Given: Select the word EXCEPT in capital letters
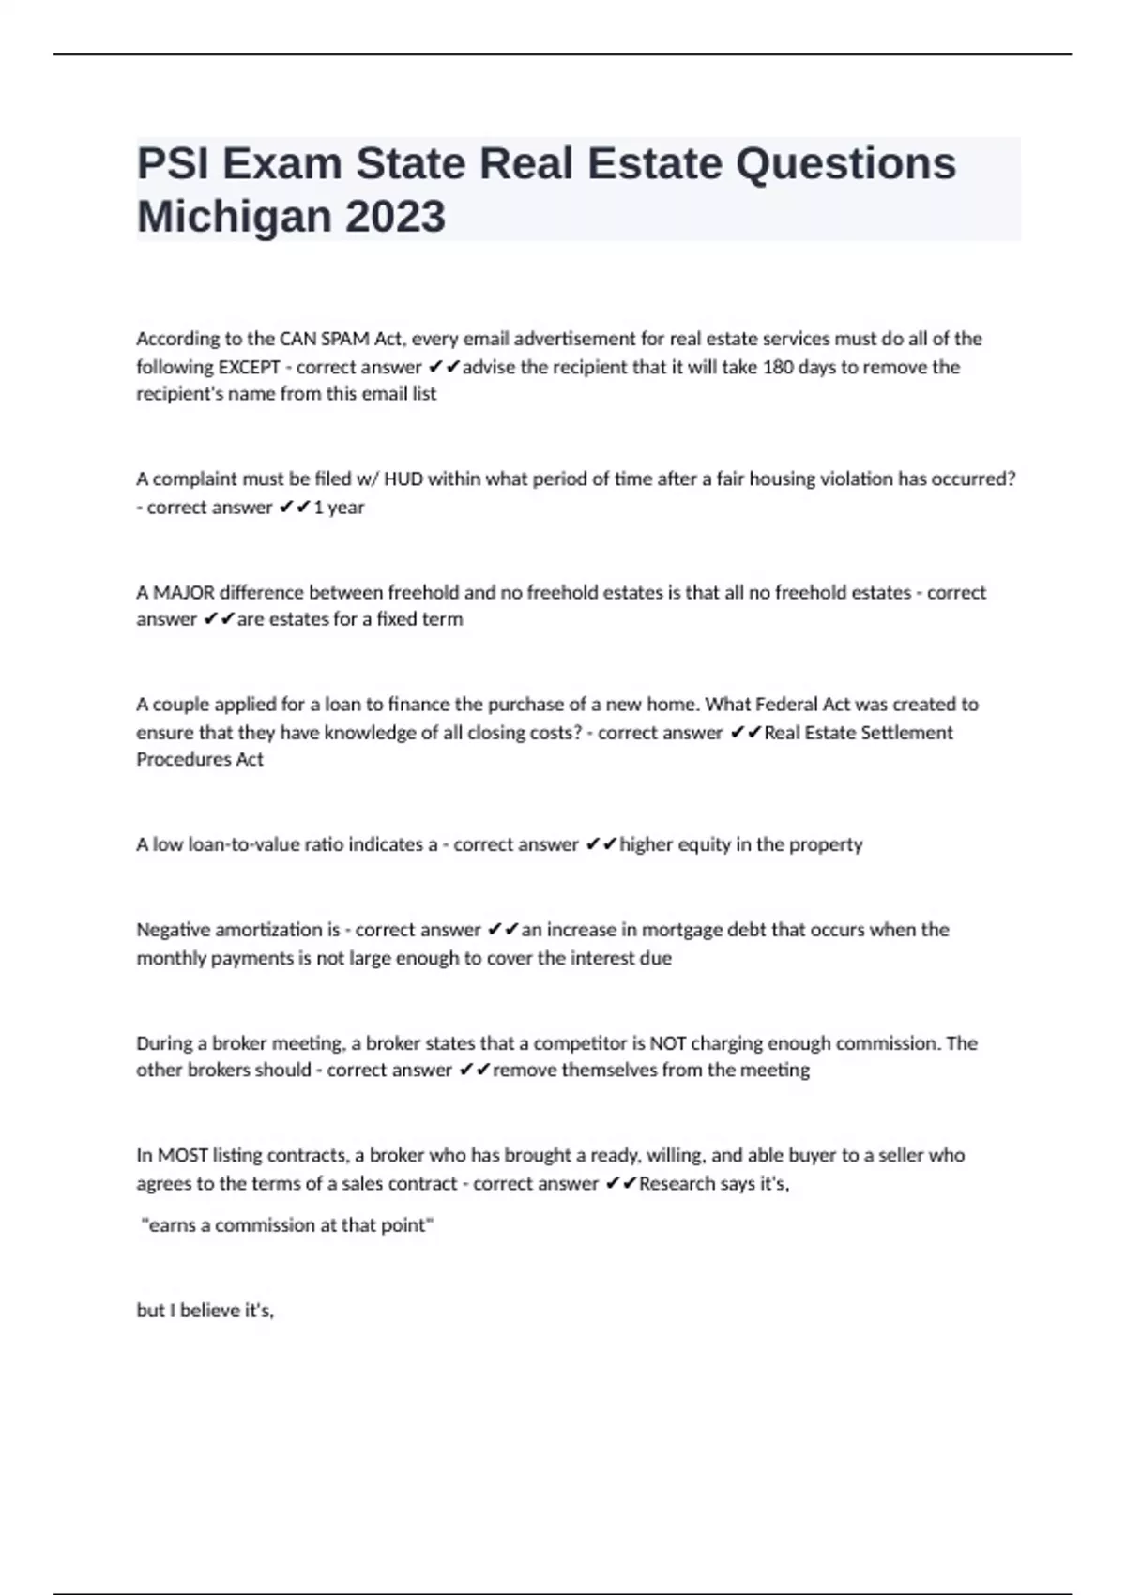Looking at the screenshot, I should (x=249, y=367).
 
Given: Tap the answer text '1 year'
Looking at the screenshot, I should (x=339, y=508).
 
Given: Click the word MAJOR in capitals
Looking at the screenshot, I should (x=184, y=593).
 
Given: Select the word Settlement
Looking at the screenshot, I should (x=906, y=733).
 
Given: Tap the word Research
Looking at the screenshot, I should (x=677, y=1184).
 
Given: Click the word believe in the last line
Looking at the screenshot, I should (x=210, y=1311).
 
